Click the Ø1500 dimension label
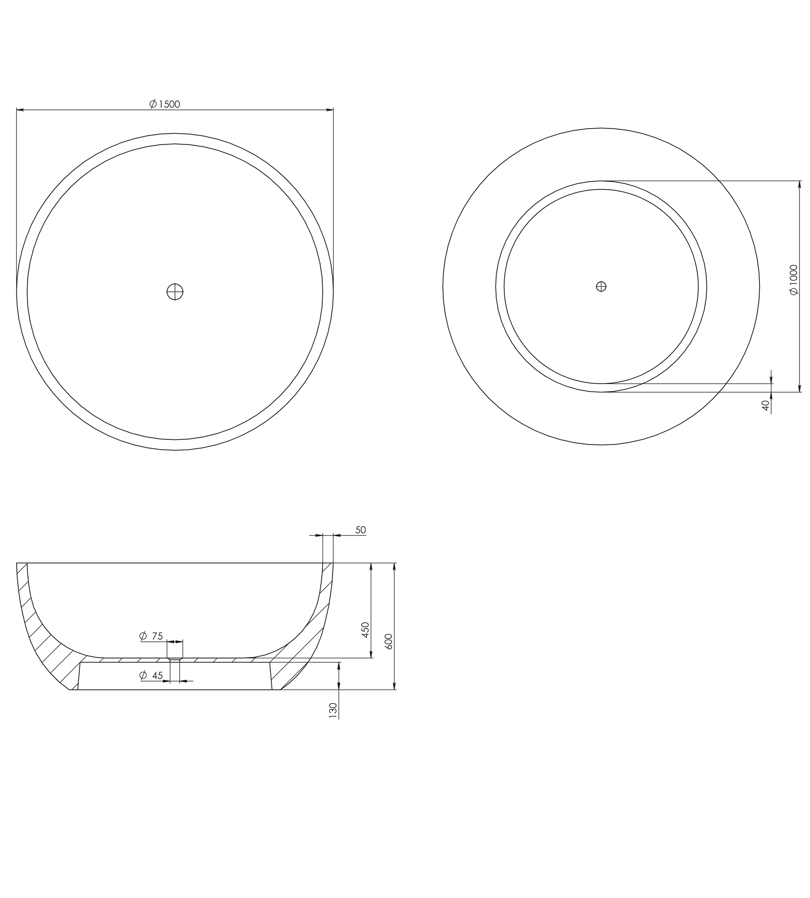[165, 104]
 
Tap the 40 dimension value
[765, 405]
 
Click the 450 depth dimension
[365, 630]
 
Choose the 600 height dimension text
[389, 641]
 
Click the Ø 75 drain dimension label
[151, 636]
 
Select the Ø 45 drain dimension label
[151, 675]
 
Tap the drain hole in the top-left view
[175, 292]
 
